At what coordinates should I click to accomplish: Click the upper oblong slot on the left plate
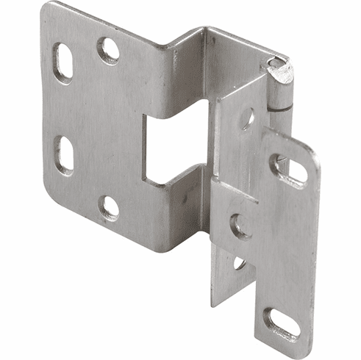click(64, 62)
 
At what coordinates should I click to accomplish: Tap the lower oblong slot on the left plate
click(65, 154)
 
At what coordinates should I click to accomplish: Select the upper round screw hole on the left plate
click(108, 50)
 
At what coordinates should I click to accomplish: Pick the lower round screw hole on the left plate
click(109, 208)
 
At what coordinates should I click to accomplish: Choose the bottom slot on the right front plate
click(282, 322)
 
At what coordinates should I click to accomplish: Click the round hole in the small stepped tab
click(239, 225)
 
